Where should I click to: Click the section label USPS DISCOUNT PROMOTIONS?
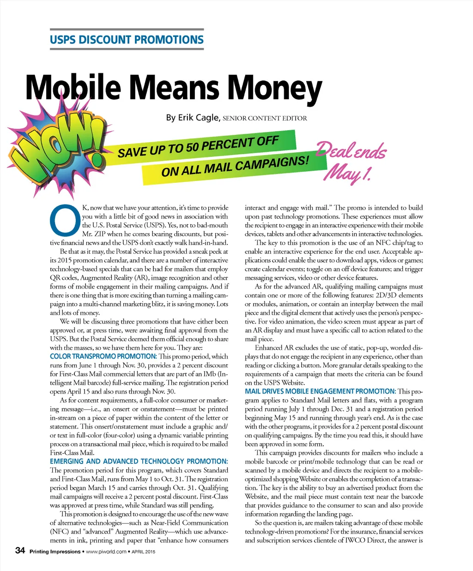point(127,40)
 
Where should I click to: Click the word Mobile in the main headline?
point(73,88)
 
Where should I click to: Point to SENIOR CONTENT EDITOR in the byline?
point(265,118)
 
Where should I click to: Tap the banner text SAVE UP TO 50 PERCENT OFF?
point(199,146)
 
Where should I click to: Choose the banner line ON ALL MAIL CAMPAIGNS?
point(235,166)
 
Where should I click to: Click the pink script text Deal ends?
point(352,150)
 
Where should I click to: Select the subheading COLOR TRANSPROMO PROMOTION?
point(103,356)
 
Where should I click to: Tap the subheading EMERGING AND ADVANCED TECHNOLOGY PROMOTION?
point(139,461)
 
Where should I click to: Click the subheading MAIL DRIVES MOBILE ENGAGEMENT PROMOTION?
point(320,391)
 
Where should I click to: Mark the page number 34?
point(20,550)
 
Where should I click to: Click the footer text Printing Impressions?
point(55,551)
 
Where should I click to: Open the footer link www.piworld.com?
point(106,551)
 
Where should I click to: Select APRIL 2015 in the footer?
point(144,551)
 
